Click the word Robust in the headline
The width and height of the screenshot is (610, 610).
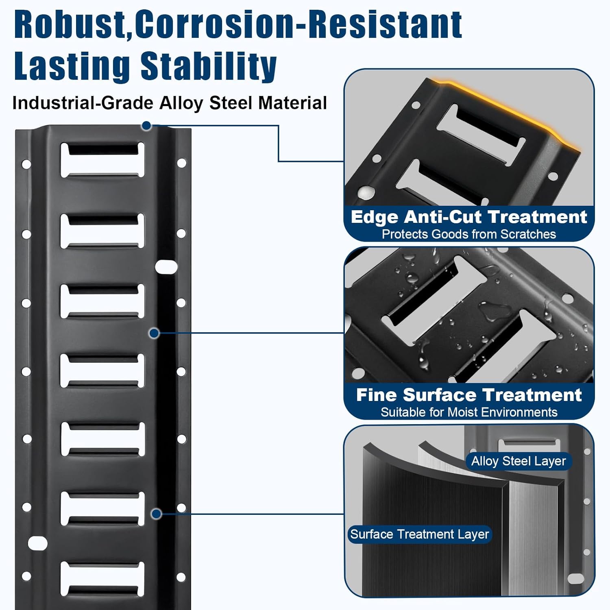coord(69,25)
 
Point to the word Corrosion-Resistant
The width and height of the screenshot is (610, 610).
coord(298,25)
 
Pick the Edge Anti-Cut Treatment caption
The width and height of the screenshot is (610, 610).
coord(468,217)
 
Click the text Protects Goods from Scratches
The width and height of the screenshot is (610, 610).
coord(468,234)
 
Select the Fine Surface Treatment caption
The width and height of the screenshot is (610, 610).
coord(468,395)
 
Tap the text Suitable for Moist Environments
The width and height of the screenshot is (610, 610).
coord(468,412)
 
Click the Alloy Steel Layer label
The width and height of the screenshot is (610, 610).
coord(518,461)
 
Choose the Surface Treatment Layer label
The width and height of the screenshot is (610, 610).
coord(419,534)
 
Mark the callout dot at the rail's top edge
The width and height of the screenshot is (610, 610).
coord(146,126)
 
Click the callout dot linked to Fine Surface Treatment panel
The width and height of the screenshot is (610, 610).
coord(154,333)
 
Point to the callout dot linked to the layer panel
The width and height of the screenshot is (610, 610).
coord(156,514)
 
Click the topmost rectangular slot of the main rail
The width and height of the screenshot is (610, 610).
coord(102,160)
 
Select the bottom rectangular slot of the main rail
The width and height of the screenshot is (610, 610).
coord(102,579)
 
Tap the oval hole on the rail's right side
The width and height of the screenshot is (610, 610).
coord(166,267)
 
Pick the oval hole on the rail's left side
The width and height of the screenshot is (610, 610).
coord(38,543)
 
